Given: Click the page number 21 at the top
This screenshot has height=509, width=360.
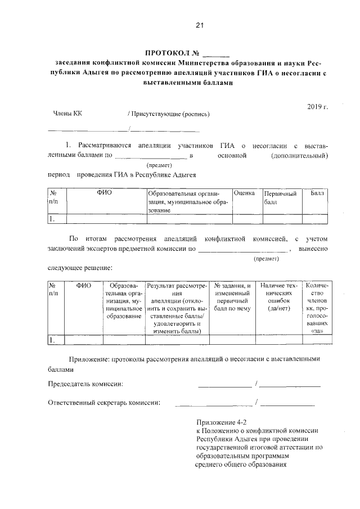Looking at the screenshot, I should click(199, 25).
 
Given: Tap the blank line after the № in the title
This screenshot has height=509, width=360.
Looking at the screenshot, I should click(216, 55).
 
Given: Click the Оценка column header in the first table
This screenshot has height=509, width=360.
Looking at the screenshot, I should click(247, 193).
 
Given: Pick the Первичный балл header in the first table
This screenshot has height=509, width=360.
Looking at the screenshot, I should click(280, 198).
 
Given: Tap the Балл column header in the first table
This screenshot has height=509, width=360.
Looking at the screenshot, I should click(318, 193).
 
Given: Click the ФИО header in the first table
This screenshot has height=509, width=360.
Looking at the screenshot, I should click(105, 193).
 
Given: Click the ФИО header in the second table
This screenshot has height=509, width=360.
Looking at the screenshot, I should click(84, 286).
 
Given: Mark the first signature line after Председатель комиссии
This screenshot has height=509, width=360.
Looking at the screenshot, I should click(224, 386).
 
